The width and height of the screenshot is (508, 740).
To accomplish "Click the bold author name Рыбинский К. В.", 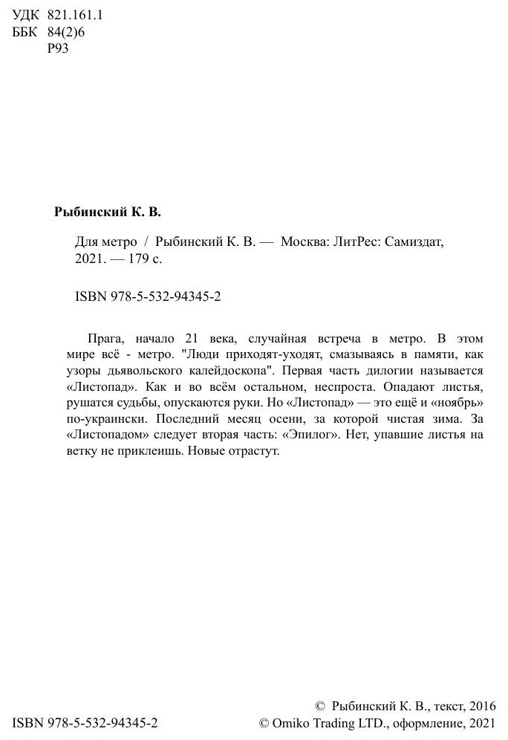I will [x=108, y=212].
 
